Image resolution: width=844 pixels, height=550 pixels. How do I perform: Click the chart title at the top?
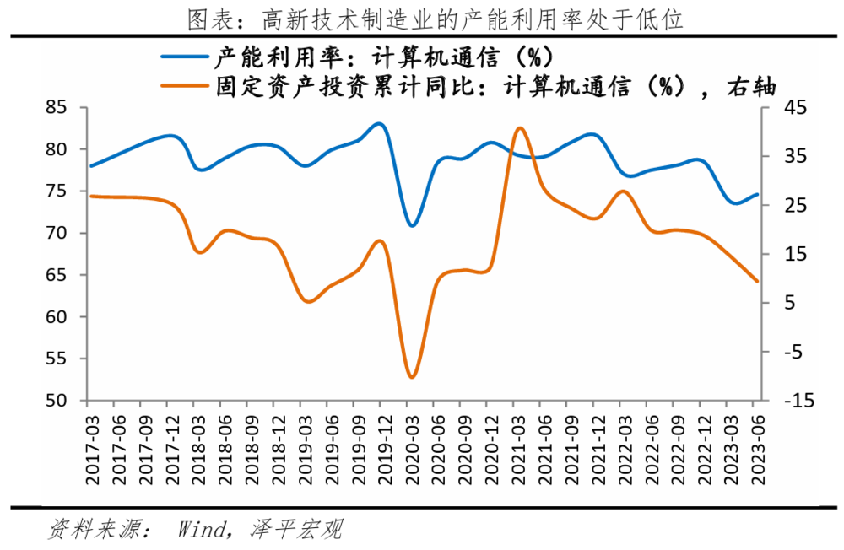coord(422,18)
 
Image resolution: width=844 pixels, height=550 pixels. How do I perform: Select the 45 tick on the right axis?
coord(795,108)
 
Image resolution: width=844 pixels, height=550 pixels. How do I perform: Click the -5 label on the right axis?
coord(795,352)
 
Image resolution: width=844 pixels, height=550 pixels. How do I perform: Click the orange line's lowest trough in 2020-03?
coord(412,377)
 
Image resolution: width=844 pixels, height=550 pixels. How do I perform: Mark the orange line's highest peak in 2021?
coord(519,128)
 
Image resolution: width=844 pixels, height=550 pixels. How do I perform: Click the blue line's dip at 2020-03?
coord(412,225)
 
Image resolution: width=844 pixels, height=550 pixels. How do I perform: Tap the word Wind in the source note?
coord(201,530)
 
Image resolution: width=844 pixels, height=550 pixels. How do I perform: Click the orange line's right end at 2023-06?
coord(757,281)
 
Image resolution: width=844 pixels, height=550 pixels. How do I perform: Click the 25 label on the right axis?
coord(795,206)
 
